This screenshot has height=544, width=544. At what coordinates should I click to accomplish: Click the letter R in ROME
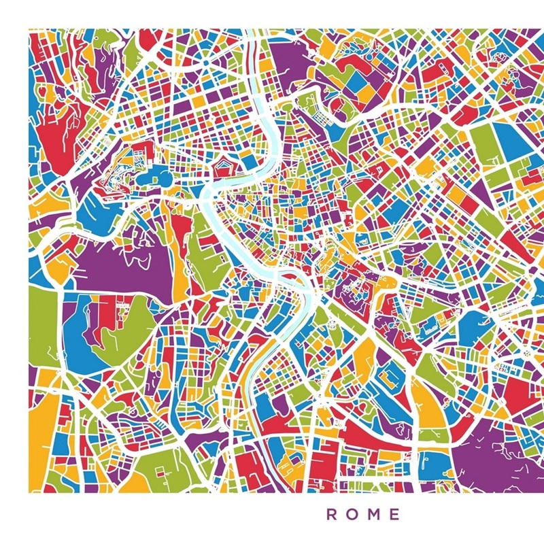coord(332,515)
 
